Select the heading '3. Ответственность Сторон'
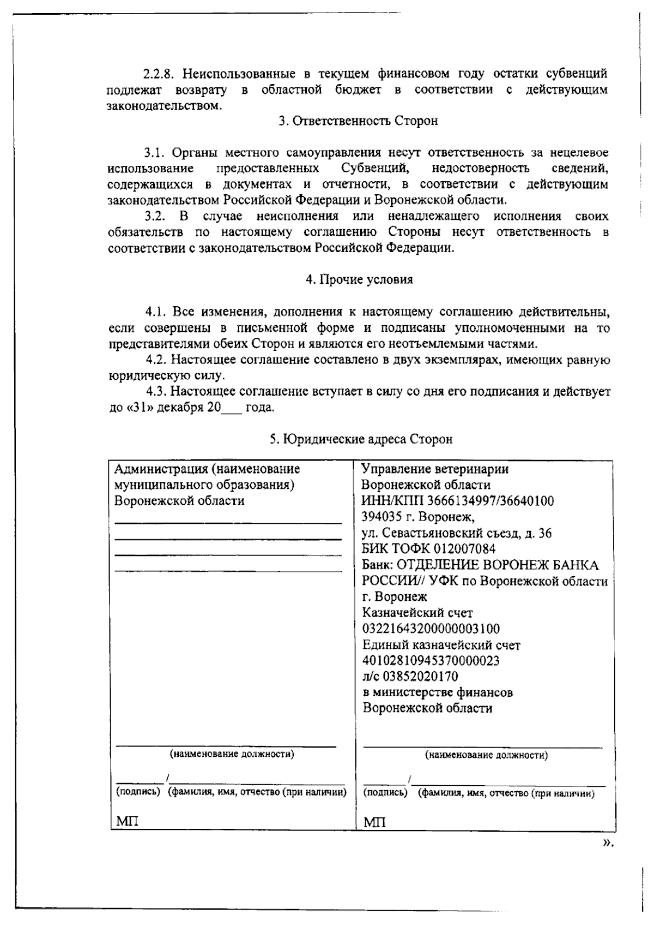coord(358,121)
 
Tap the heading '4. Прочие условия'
coord(359,280)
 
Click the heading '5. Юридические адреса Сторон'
coord(361,439)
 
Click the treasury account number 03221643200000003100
coord(431,629)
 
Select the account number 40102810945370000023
coord(431,661)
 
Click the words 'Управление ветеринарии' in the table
coord(435,469)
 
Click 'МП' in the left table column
coord(126,821)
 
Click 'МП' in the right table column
coord(374,822)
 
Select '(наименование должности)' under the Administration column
coord(232,754)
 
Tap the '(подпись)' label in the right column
coord(385,793)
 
